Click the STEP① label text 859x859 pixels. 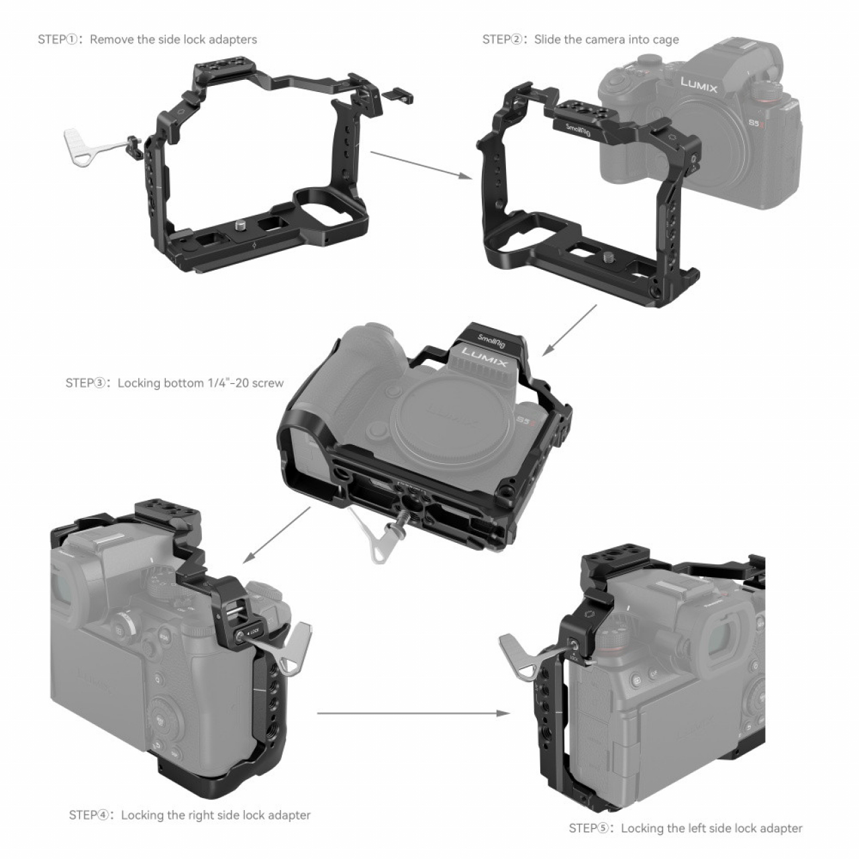point(58,40)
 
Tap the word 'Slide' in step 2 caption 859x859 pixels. point(548,40)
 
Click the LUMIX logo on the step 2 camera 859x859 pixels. point(699,85)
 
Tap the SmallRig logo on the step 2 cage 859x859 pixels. point(577,130)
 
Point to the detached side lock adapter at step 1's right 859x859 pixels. point(401,95)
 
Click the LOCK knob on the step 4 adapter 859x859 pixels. point(240,635)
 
